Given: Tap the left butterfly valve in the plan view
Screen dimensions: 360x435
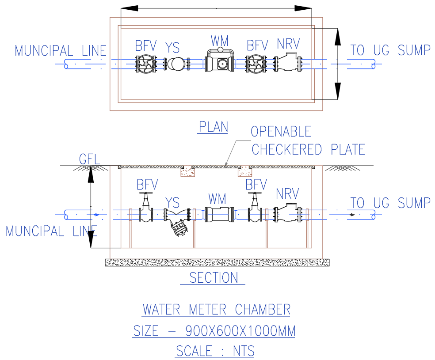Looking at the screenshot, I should (x=145, y=64).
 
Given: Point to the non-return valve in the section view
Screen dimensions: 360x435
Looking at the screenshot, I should (x=287, y=214).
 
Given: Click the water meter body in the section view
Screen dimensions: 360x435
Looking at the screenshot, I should (x=219, y=215).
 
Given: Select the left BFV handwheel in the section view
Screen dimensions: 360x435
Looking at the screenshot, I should (x=146, y=195).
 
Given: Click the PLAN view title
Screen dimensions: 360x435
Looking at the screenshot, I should (x=213, y=127).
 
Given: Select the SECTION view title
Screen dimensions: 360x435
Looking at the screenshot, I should (x=214, y=278).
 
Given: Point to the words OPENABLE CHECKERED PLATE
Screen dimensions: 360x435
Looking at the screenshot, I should (x=308, y=141).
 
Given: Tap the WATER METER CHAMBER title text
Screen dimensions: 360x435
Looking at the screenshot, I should (x=216, y=309).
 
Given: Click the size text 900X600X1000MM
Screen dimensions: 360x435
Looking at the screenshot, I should (x=240, y=331).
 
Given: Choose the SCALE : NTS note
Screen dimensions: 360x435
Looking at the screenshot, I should (x=215, y=351).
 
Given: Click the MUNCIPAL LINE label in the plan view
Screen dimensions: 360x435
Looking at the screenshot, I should (x=61, y=51).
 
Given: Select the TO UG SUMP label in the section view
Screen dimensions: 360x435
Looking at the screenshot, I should (x=390, y=203).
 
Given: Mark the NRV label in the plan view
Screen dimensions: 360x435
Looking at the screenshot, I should (x=288, y=44).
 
